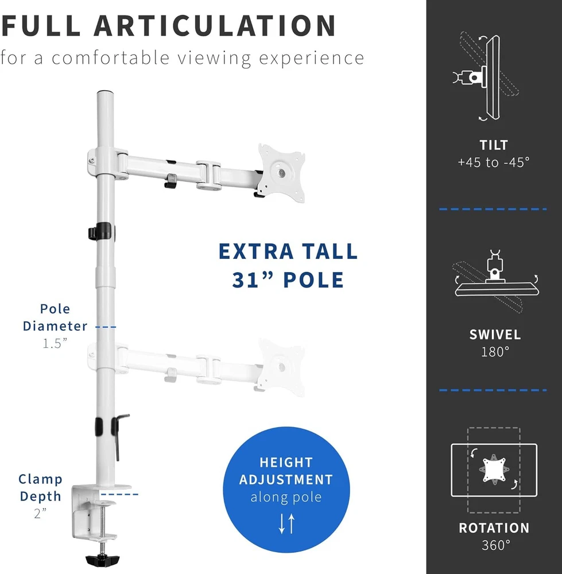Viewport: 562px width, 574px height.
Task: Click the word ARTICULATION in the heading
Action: [x=215, y=26]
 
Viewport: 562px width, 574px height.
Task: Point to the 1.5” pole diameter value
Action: [x=55, y=343]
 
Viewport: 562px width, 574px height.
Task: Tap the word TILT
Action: [x=494, y=145]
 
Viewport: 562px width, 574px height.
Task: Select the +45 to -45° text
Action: [x=494, y=162]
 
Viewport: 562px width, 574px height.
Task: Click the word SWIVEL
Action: [x=495, y=335]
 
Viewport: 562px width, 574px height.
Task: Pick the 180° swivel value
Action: [x=495, y=351]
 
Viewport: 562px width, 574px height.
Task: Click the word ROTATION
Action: [x=494, y=528]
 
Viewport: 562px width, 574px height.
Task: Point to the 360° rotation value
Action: [x=494, y=544]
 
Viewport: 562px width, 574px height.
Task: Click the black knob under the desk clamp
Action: [x=101, y=559]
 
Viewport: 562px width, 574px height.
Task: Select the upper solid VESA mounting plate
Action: [x=281, y=171]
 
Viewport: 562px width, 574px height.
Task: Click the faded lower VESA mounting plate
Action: [x=281, y=366]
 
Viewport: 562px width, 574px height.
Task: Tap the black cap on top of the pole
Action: [x=105, y=93]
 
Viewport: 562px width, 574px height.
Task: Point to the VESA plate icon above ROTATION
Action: [x=494, y=470]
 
